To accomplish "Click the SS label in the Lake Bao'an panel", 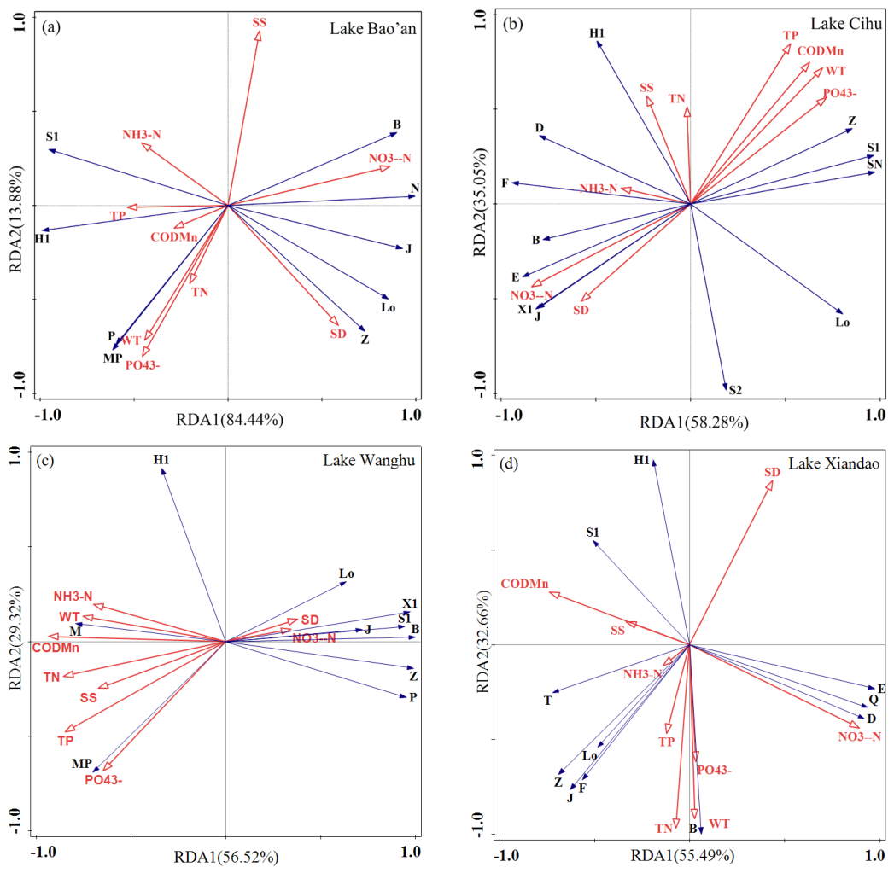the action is [259, 23].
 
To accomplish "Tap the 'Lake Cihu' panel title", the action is [846, 23].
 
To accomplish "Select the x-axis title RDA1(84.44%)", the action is [230, 420].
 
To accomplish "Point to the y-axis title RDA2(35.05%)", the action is [480, 201].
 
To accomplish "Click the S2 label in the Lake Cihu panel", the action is [735, 390].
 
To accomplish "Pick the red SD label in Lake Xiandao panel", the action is [772, 472].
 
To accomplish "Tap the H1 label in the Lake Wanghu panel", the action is [161, 459].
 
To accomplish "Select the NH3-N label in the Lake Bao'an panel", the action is [142, 135].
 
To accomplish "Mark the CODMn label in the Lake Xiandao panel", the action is [524, 584].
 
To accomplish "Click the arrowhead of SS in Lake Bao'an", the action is [258, 36].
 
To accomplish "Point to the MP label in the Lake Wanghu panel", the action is [81, 764].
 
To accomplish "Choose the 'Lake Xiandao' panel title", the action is [833, 463].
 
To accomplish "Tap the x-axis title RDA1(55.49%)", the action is [682, 855].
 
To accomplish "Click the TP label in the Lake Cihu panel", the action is [790, 35].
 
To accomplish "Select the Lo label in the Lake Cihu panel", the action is [843, 323].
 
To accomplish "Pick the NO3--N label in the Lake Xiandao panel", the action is [859, 736].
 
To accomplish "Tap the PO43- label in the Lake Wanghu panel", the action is [103, 779].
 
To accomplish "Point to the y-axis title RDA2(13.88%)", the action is [16, 218].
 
